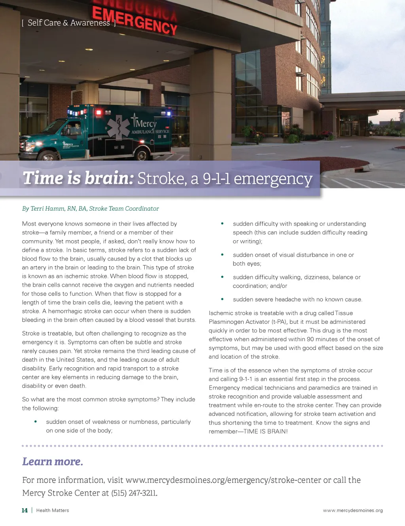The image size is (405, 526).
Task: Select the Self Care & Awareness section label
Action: [68, 23]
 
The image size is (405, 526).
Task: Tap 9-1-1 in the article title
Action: [216, 179]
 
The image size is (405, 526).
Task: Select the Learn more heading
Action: [53, 461]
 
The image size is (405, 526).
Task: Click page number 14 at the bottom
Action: [25, 511]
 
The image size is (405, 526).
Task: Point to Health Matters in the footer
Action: [53, 511]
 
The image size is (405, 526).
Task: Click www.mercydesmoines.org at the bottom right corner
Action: [353, 511]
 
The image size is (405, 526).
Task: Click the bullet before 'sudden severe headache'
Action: [222, 299]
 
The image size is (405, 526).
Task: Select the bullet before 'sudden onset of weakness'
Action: [36, 422]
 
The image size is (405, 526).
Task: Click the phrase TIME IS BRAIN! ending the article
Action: [265, 431]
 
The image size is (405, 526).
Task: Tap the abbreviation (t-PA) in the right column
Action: [279, 322]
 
